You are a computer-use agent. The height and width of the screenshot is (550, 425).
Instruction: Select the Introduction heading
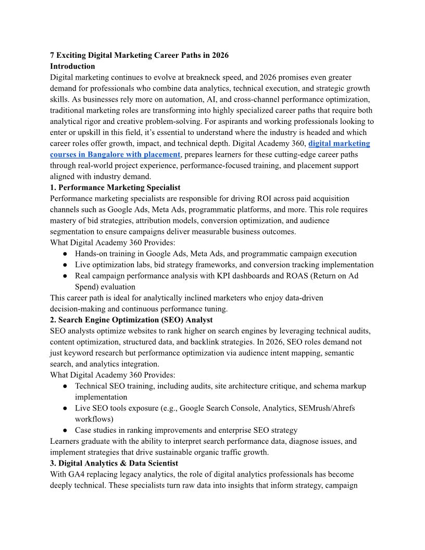(72, 66)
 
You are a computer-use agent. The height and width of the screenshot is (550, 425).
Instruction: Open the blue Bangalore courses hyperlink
(115, 154)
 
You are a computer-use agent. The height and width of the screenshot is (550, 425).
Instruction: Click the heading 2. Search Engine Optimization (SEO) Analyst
(131, 320)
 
